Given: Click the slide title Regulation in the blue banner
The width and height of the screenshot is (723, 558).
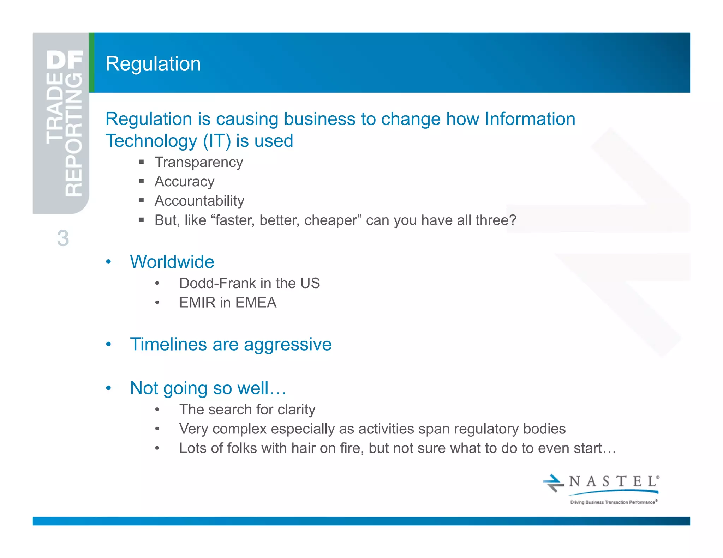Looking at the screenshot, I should point(153,64).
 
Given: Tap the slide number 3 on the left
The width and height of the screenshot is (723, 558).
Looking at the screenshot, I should point(63,238).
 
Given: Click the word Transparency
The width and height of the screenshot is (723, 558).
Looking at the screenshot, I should point(199,163).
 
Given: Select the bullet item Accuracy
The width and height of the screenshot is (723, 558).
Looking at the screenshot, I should point(184,182).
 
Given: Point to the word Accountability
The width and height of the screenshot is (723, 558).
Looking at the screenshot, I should point(199,201).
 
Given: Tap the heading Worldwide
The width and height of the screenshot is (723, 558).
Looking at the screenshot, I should point(172,262).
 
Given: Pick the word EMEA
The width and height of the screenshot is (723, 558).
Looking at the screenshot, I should point(256,303).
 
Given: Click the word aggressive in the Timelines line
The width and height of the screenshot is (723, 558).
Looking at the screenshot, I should point(288,345).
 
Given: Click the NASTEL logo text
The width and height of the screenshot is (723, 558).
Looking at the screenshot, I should point(613,482).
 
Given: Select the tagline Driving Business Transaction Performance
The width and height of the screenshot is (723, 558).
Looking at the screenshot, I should point(613,502).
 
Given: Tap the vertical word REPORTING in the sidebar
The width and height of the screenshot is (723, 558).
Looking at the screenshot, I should point(74,134).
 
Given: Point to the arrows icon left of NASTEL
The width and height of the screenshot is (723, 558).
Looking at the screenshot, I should point(553,483).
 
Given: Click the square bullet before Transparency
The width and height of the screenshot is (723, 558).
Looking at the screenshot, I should point(142,162).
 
